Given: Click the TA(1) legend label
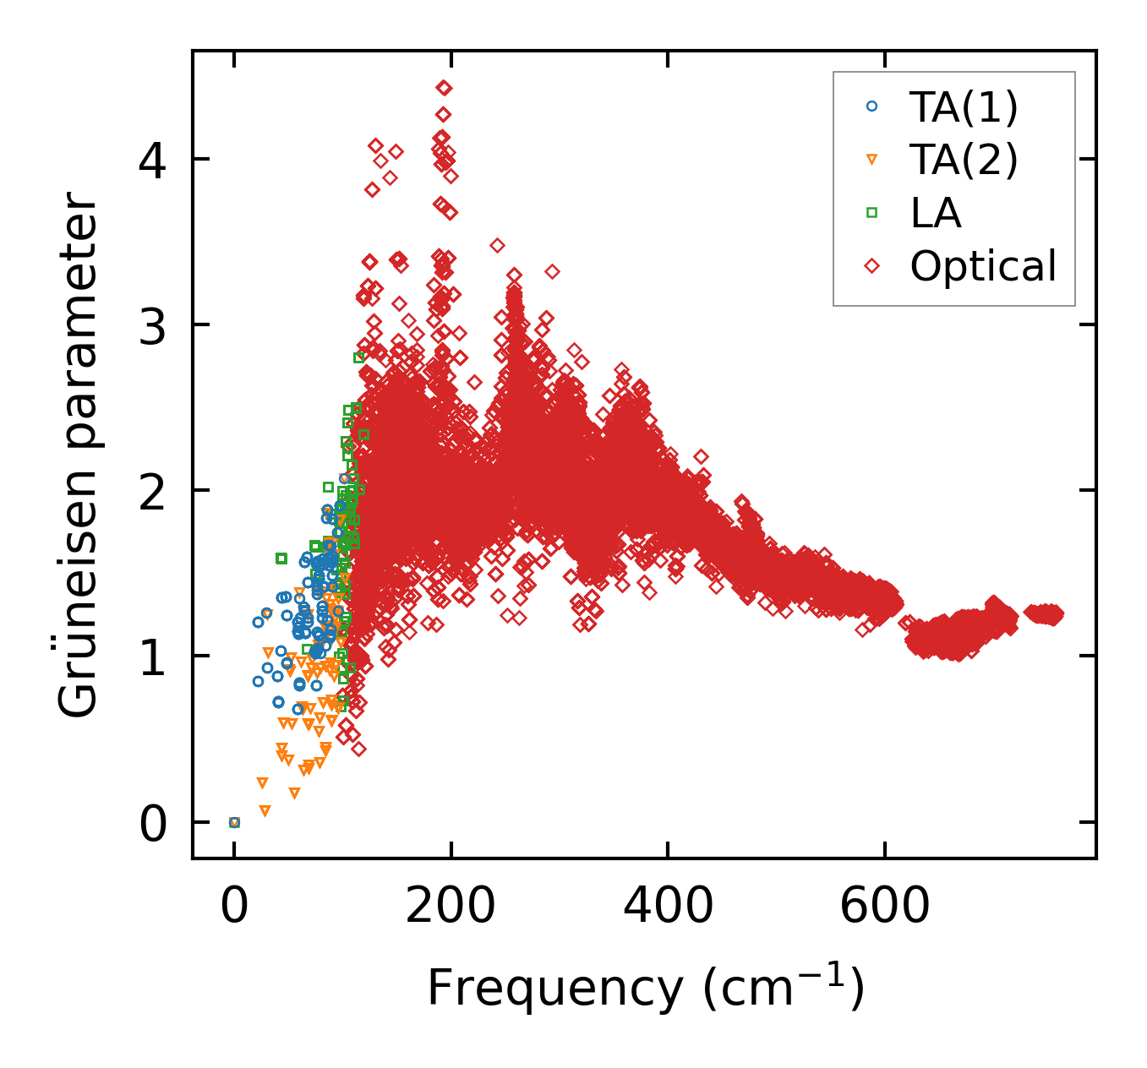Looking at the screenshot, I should click(964, 106).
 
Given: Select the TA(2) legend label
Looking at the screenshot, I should click(964, 159).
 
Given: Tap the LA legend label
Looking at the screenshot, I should click(936, 213).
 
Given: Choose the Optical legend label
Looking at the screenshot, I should click(983, 266).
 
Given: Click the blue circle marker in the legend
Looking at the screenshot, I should click(872, 106).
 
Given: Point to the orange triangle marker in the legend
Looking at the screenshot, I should click(872, 160).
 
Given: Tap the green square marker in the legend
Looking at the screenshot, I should click(872, 213).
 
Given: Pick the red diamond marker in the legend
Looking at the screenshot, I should click(872, 266).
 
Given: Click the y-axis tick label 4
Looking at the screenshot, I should click(153, 159).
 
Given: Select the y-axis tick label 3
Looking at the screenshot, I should click(153, 324).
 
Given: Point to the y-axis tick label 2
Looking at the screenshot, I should click(153, 490).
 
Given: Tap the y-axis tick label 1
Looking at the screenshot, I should click(153, 657).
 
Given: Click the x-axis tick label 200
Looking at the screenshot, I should click(451, 906).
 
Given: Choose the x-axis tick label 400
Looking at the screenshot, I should click(668, 906).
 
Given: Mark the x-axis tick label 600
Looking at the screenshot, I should click(884, 906).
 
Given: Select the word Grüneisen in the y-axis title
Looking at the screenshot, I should click(79, 601).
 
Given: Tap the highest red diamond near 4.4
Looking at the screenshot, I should click(444, 88).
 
